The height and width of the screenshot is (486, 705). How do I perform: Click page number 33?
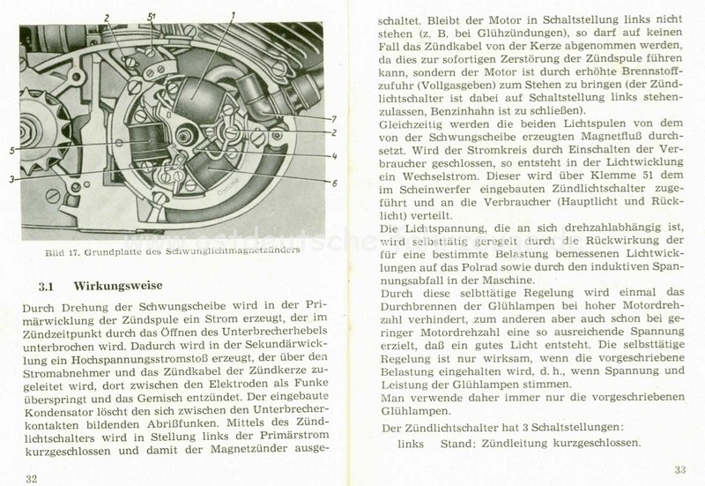click(679, 468)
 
